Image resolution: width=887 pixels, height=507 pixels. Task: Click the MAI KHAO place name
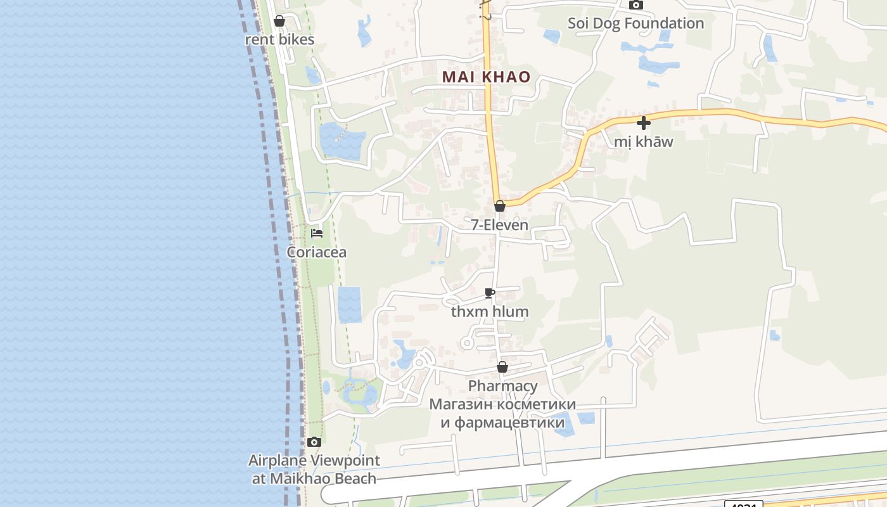486,77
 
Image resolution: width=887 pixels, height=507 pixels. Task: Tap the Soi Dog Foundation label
635,23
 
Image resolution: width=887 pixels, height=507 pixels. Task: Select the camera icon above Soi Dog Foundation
635,5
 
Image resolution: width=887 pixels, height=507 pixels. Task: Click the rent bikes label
279,39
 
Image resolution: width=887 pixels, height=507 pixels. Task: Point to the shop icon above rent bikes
279,22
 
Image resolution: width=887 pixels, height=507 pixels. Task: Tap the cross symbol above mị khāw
644,123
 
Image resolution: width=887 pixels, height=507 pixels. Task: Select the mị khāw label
644,141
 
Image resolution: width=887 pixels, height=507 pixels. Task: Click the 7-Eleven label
499,224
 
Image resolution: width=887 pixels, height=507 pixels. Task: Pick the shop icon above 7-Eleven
500,206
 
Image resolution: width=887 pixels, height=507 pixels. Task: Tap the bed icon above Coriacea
317,233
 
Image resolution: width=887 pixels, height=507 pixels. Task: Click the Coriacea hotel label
317,252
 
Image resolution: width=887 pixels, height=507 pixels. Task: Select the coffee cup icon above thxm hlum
490,293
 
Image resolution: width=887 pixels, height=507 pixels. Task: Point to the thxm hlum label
490,312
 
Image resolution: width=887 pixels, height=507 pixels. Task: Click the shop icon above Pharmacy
502,367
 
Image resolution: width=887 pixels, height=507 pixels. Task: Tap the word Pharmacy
502,386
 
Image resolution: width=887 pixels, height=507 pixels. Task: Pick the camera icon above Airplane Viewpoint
314,442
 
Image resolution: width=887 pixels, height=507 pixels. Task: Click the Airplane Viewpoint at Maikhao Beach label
314,470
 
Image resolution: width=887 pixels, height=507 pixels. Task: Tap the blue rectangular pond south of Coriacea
349,304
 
